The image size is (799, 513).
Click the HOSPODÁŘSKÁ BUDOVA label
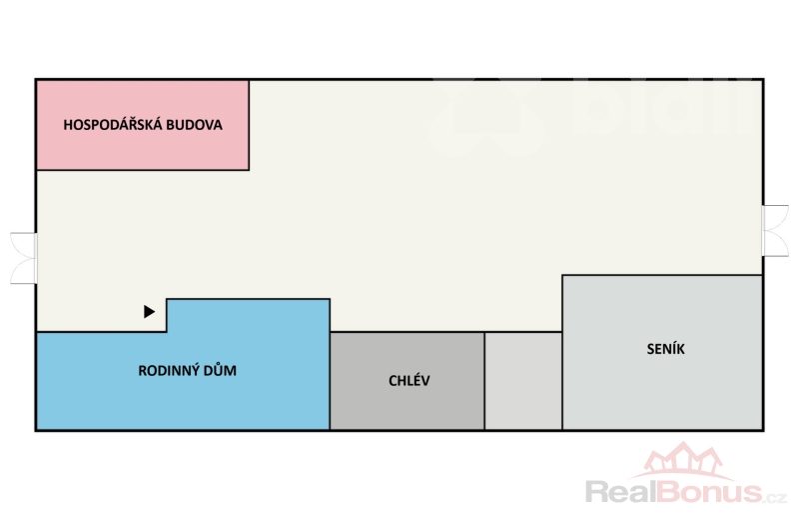[142, 126]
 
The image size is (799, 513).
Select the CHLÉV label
[409, 381]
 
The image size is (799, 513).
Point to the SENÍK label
[665, 349]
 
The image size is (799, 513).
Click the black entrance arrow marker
[150, 312]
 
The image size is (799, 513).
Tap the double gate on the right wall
[775, 232]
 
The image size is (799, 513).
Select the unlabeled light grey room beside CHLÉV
[523, 381]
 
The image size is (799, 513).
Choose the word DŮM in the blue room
[219, 370]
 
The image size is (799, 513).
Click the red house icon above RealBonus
[683, 460]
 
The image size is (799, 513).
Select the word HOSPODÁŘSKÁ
[114, 126]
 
